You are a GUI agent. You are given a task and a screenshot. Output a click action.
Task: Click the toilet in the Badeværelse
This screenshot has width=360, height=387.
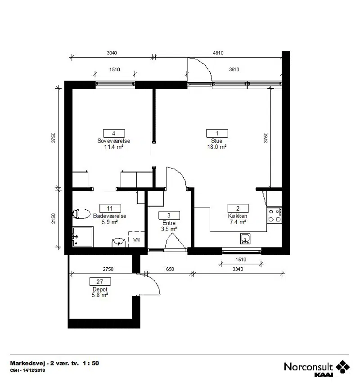coord(81,214)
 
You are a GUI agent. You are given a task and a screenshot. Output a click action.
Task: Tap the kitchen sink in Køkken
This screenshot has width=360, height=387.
coord(245,239)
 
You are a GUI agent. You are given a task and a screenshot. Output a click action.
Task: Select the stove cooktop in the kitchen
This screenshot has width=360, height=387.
coord(274,216)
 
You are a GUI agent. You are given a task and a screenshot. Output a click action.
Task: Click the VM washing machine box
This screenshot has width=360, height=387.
coord(136,239)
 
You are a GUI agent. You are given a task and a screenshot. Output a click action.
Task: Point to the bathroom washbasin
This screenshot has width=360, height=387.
coord(119,243)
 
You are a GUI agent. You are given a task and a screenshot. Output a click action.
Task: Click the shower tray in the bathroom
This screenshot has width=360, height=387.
coord(83,237)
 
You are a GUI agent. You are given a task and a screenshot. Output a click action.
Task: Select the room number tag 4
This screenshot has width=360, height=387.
coord(114,133)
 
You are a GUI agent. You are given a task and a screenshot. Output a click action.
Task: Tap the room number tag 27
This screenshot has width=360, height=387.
coord(100,282)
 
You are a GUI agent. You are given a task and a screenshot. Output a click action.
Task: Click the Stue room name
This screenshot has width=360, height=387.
coord(216,141)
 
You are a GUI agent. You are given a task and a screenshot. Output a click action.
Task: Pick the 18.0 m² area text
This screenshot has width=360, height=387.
coord(216,147)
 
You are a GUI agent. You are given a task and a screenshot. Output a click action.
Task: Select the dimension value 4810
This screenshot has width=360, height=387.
coord(218,53)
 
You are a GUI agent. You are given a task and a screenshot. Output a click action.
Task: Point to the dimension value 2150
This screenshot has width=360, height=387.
coord(54,219)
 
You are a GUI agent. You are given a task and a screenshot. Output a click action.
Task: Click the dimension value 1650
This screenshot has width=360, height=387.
coord(169,269)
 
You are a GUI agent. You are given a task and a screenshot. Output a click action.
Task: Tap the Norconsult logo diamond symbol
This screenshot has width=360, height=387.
coord(342,366)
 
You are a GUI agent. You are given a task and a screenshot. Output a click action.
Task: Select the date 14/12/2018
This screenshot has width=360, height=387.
coord(34,370)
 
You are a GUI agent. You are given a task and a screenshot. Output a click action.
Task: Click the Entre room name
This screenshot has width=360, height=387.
coord(169,223)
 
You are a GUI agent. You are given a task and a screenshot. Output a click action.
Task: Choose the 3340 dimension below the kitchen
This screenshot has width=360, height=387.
coord(238,269)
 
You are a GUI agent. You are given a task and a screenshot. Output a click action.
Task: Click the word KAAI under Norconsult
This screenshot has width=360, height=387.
coord(324,375)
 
